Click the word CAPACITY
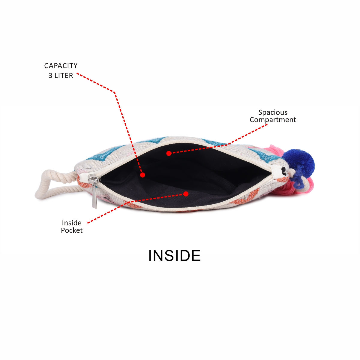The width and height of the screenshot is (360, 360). point(61,66)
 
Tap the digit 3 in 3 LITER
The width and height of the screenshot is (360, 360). point(50,76)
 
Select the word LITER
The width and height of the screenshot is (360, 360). point(64,76)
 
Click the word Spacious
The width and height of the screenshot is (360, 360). point(273,113)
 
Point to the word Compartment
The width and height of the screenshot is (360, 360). point(273,120)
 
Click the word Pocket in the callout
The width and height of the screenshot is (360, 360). point(72,230)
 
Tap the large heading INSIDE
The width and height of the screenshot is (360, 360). point(175,256)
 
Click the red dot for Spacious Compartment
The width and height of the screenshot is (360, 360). point(169,153)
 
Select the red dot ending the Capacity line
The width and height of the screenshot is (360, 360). point(142,175)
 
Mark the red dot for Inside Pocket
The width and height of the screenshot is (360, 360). point(186,194)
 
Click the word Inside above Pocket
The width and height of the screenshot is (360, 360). point(72,223)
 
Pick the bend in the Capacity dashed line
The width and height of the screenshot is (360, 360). point(115,92)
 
